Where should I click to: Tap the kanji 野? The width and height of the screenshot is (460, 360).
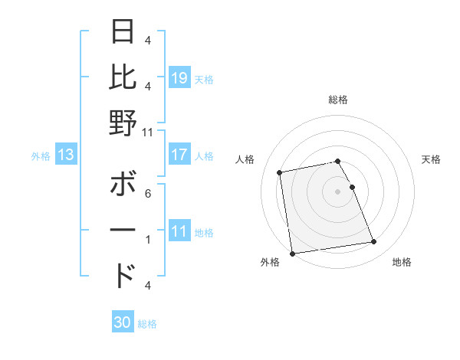coord(123,123)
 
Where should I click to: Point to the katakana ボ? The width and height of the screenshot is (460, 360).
coord(123,185)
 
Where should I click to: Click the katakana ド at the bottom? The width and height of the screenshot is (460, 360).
coord(123,275)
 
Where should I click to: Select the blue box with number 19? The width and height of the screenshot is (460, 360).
coord(179,77)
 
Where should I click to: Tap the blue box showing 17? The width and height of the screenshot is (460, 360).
coord(179,155)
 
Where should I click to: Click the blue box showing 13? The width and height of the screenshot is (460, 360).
coord(66,155)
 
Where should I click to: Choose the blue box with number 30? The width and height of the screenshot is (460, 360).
coord(123,322)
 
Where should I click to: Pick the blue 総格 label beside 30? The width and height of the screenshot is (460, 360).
coord(147,324)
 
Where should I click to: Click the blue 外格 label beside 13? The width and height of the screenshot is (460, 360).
coord(41,156)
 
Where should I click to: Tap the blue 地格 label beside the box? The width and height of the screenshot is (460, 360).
coord(204,233)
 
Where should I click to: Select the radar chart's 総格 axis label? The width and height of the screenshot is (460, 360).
coord(338,100)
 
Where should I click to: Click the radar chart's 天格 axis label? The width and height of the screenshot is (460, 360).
coord(432,159)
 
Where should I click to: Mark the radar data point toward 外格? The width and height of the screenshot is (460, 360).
coord(292,253)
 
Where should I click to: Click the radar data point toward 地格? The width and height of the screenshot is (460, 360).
coord(373,243)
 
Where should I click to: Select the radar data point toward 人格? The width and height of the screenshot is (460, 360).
coord(280,172)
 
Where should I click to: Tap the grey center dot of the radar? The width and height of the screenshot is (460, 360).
coord(337,191)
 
